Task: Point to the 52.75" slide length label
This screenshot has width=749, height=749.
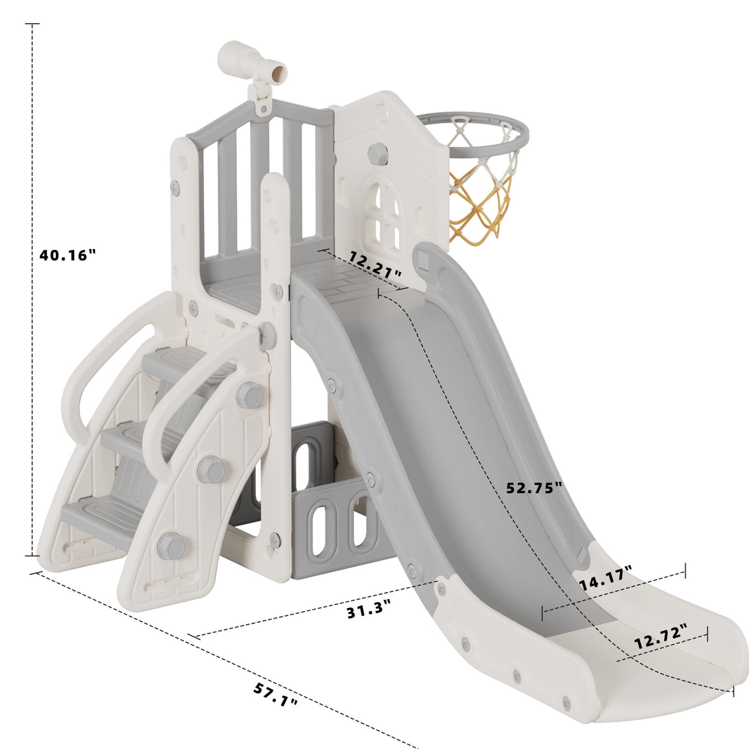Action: [x=534, y=487]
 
